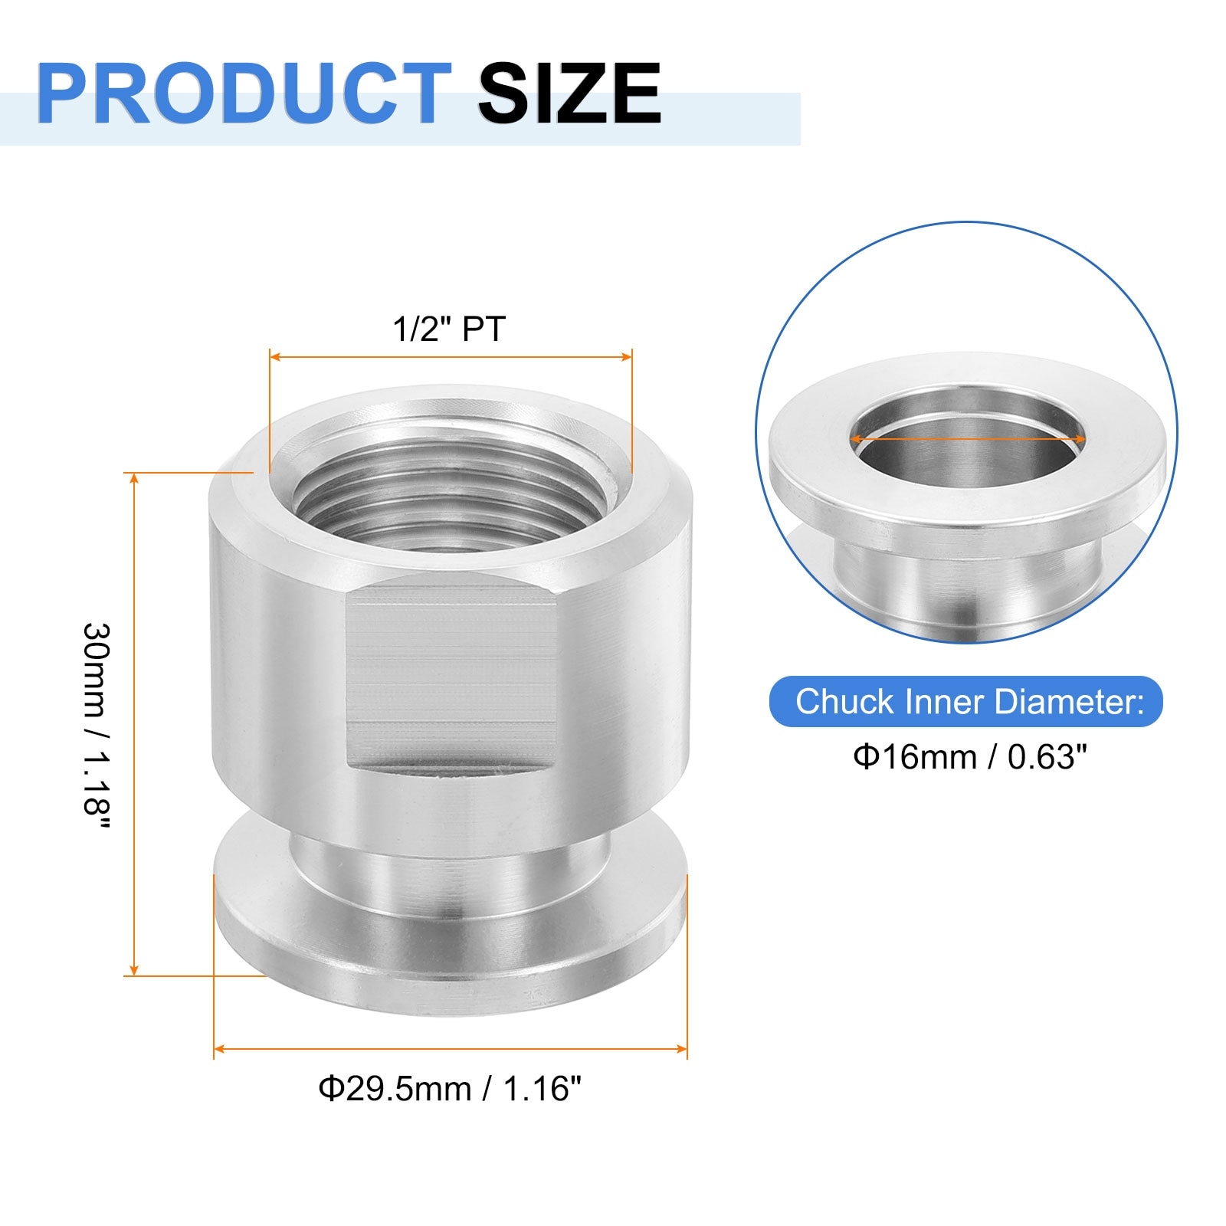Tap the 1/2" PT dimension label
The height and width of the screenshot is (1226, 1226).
[x=450, y=329]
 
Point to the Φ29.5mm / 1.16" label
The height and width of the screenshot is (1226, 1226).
[x=450, y=1088]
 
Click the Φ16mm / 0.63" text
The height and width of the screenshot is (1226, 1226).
[x=970, y=757]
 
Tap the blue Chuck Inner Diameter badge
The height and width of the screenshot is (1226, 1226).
[x=966, y=701]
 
